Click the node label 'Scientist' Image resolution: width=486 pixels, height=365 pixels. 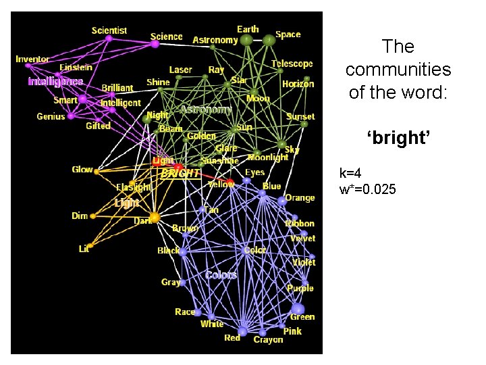coord(109,30)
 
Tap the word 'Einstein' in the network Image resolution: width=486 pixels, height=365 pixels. coord(76,68)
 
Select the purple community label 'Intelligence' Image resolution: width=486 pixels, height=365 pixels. coord(55,81)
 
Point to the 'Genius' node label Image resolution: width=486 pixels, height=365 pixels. coord(51,116)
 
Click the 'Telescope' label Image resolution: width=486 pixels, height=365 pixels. coord(292,64)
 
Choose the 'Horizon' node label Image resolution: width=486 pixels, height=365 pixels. coord(298,84)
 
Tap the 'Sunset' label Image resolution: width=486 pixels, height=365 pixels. coord(300,116)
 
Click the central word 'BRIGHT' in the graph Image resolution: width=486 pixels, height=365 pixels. coord(180,173)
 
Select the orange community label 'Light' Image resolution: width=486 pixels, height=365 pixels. coord(127,202)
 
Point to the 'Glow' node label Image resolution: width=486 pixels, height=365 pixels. coord(82,170)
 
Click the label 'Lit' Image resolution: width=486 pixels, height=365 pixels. coord(84,249)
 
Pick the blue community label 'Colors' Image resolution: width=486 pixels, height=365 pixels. coord(221,274)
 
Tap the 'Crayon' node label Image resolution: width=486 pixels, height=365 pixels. coord(268,339)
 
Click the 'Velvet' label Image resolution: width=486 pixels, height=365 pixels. coord(302,238)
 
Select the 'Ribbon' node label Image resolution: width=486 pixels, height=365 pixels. coord(300,224)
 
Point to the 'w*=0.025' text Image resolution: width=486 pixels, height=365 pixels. coord(368,189)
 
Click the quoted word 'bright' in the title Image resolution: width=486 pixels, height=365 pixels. coord(398,139)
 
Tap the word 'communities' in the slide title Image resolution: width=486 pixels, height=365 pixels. coord(398,70)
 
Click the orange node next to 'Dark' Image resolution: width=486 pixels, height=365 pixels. coord(155,217)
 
